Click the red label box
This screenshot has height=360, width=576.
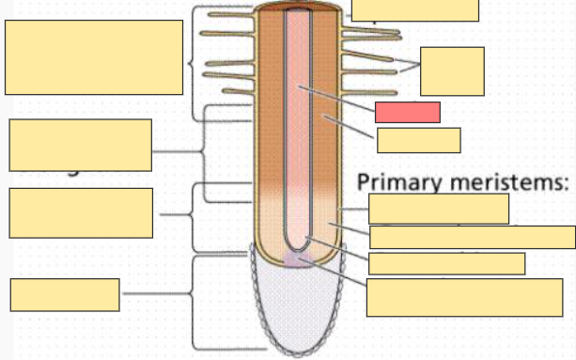point(407,112)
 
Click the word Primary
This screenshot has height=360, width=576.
point(400,182)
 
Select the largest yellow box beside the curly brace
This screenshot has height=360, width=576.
point(94,57)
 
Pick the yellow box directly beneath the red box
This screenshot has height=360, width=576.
point(418,140)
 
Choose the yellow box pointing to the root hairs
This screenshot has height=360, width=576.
point(452,70)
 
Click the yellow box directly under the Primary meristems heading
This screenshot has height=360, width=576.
point(438,208)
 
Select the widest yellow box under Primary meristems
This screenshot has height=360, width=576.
point(472,237)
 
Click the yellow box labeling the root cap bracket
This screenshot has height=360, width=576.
point(65,294)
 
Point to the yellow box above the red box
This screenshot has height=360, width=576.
point(414,9)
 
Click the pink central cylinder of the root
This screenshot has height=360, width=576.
point(299,141)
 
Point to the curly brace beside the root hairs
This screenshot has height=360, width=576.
point(193,64)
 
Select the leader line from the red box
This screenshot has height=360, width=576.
point(338,100)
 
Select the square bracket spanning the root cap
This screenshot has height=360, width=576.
point(195,301)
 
